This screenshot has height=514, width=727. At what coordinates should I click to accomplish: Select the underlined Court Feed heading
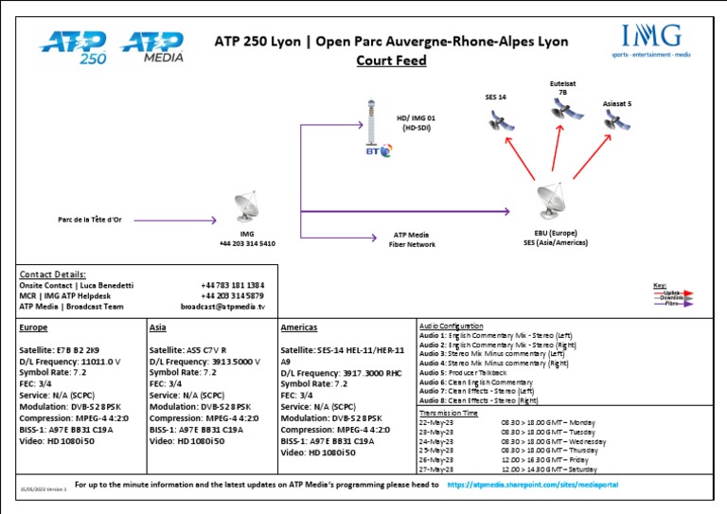pyautogui.click(x=390, y=61)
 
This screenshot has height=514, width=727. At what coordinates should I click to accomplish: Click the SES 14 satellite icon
pyautogui.click(x=495, y=120)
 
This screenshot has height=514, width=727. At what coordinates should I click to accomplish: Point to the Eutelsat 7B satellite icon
pyautogui.click(x=562, y=113)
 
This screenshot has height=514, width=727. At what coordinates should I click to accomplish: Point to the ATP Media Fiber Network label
pyautogui.click(x=411, y=239)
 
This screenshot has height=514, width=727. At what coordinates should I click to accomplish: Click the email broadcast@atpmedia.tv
pyautogui.click(x=222, y=306)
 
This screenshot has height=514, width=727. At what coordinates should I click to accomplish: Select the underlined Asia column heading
pyautogui.click(x=160, y=327)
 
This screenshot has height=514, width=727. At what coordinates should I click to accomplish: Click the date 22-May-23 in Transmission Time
pyautogui.click(x=435, y=423)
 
